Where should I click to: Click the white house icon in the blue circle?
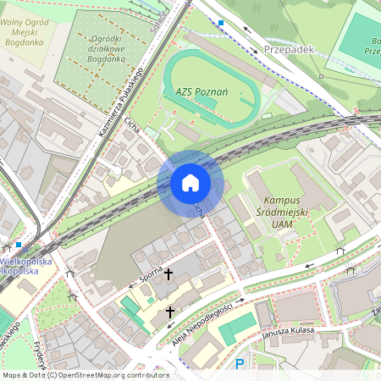[x=190, y=183]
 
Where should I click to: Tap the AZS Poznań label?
[x=202, y=91]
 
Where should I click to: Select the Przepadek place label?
[x=289, y=50]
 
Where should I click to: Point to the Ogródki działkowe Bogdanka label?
[x=97, y=49]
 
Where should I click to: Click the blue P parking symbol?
[x=240, y=364]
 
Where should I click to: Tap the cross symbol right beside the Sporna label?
[x=168, y=274]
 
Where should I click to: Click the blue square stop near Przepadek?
[x=221, y=23]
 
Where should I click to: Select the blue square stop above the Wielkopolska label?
[x=18, y=245]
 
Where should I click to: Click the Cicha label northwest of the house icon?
[x=131, y=125]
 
